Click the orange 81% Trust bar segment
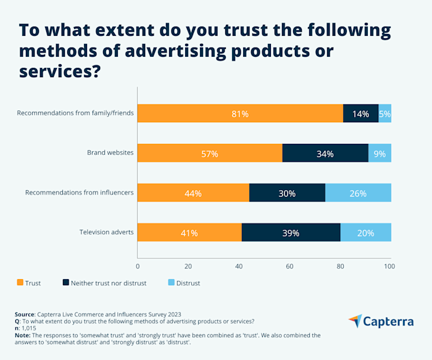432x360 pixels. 239,114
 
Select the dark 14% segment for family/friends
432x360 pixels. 360,114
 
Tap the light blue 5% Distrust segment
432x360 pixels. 384,114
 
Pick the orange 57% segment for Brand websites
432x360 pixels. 209,153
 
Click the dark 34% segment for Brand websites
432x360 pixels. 325,153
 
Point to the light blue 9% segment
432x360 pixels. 380,153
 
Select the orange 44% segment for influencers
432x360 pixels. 193,193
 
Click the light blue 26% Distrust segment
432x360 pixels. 358,193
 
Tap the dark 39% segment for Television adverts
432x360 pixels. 291,232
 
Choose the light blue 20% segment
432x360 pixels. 365,232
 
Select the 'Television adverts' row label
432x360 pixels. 106,232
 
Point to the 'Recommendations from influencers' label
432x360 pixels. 79,193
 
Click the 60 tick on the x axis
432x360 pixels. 289,266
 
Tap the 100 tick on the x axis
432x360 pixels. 389,266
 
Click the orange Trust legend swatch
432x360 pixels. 20,283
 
